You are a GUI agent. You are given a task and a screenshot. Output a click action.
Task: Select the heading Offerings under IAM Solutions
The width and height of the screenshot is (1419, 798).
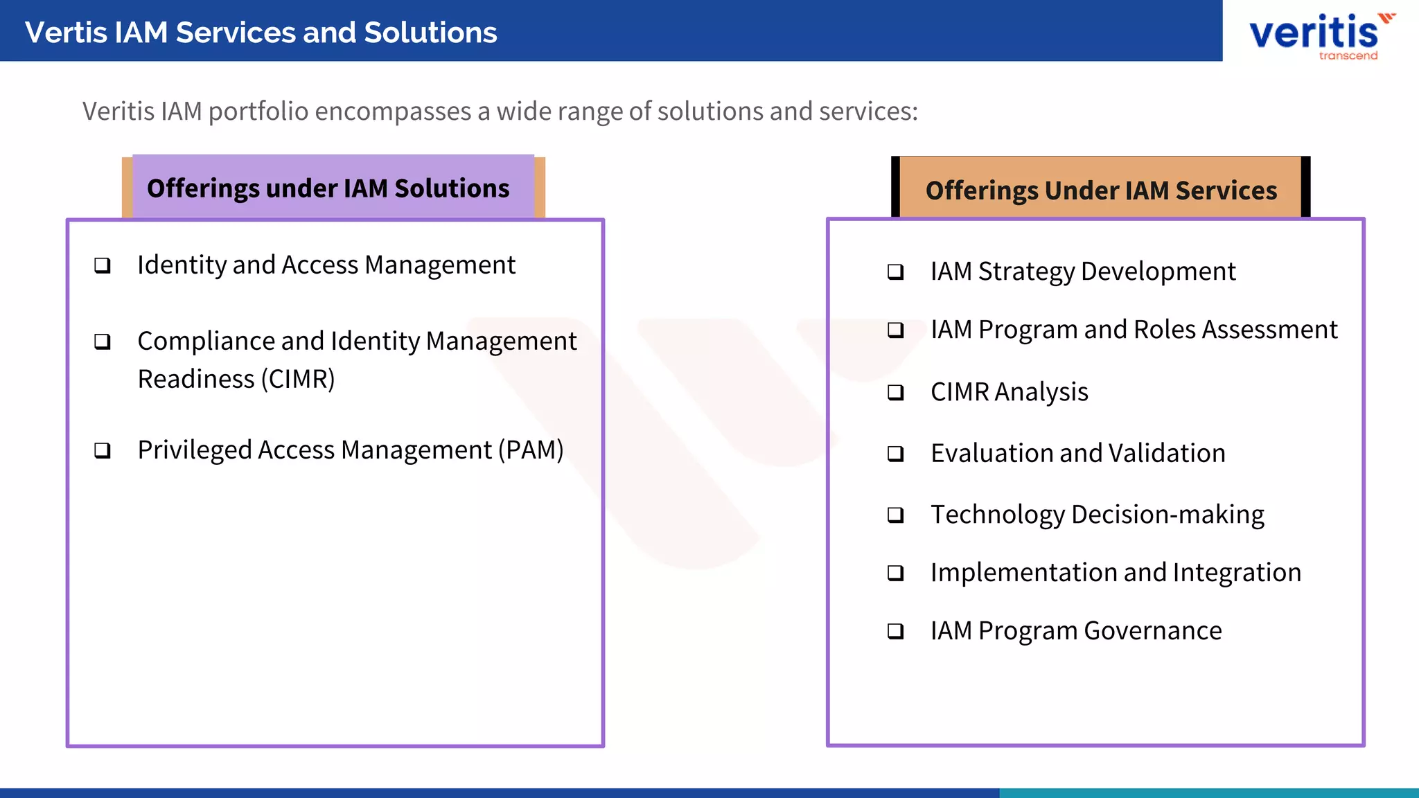coord(328,188)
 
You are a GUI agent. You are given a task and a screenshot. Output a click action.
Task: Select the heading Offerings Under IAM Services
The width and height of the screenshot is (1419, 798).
coord(1101,190)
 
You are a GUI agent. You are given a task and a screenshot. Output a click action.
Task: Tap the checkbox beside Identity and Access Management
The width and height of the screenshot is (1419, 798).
coord(103,265)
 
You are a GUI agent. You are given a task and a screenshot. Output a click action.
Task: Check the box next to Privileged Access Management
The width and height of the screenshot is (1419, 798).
coord(103,451)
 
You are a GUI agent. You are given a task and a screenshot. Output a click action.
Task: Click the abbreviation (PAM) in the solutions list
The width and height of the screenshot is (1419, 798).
coord(531,450)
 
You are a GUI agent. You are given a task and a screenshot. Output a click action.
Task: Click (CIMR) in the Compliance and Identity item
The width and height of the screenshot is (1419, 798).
coord(298,380)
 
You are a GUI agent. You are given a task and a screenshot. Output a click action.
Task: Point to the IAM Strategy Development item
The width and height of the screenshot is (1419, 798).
coord(1082,272)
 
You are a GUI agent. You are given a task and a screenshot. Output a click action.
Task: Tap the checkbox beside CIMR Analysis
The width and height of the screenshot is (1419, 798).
coord(896,393)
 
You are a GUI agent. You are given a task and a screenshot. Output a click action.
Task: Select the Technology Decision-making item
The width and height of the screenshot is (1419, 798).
coord(1097,515)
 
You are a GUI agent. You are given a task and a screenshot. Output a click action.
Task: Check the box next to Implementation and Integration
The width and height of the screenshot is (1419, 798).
coord(896,573)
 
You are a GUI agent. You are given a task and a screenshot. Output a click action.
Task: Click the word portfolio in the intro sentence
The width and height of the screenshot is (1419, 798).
coord(258,112)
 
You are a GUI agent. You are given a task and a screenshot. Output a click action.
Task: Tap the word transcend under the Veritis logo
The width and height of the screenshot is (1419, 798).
coord(1348,55)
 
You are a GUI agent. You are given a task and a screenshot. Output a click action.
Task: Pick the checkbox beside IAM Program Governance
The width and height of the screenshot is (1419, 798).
coord(896,631)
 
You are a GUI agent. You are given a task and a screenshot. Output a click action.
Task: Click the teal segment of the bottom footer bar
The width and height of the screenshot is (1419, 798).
coord(1208,792)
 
